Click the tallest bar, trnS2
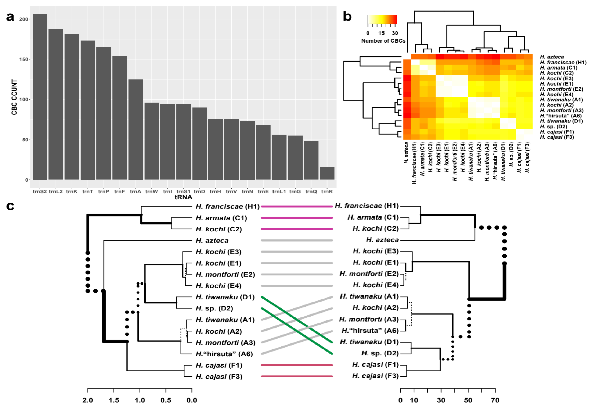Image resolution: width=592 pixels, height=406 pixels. coord(40,97)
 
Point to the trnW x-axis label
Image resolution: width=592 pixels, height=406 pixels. coord(152,191)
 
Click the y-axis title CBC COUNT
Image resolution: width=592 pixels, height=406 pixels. coord(15,97)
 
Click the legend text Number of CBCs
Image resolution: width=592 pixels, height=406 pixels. coord(383,41)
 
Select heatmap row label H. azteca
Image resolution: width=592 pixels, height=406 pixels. coord(552,57)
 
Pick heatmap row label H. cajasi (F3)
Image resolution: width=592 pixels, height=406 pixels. coord(557,137)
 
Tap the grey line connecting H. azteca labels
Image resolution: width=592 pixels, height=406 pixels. coord(297,240)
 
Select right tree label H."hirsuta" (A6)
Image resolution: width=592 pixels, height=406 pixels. coord(370,331)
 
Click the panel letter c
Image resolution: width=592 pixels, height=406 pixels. coord(10,206)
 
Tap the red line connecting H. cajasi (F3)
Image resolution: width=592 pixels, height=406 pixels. coord(297,376)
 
